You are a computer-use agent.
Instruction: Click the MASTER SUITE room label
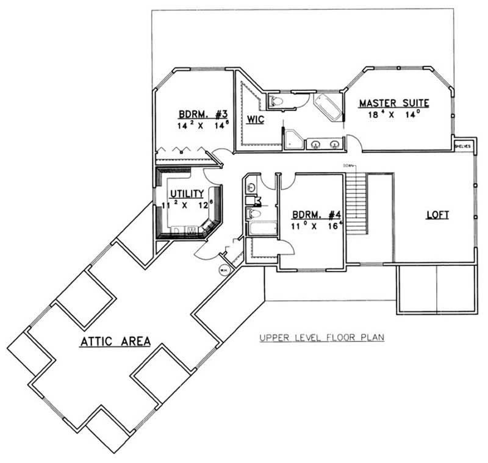point(394,103)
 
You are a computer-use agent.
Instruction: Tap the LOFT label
point(437,215)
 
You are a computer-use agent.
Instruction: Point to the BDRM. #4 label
point(317,215)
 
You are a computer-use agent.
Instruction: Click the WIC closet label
point(256,119)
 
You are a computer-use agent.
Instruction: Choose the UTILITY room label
point(187,193)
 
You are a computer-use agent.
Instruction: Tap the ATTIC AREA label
point(115,342)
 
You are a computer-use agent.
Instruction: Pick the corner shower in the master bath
point(294,138)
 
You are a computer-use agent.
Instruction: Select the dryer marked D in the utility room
point(177,231)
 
